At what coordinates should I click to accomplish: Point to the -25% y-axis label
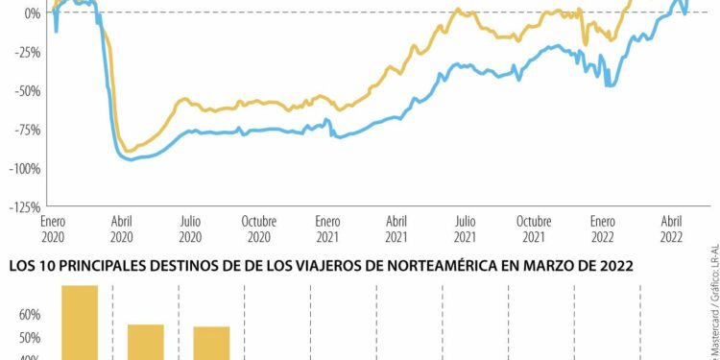point(25,52)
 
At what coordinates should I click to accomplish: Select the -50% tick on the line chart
point(25,90)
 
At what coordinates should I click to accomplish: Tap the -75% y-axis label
point(25,130)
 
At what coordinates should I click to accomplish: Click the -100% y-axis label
point(23,168)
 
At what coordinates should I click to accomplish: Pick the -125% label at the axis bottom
point(23,206)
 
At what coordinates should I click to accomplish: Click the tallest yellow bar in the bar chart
point(80,322)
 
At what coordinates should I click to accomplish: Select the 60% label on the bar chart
point(29,315)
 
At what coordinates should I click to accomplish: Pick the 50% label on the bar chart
point(29,338)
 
